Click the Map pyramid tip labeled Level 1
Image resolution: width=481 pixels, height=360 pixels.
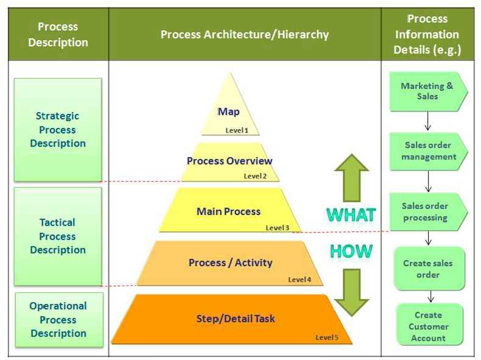230,112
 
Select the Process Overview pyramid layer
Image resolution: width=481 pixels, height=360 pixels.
230,162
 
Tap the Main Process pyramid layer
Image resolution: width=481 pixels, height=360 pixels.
229,212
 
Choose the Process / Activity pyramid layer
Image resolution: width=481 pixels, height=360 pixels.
230,263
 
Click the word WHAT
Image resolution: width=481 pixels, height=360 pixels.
351,215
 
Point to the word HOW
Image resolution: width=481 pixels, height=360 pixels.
351,250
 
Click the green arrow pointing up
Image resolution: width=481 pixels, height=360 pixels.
351,177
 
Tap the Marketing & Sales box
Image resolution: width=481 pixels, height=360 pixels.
427,91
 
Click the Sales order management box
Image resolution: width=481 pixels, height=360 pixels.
427,151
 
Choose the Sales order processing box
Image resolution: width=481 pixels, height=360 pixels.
427,212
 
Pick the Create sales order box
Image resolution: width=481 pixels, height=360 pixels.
428,269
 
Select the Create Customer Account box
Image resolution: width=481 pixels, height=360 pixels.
429,326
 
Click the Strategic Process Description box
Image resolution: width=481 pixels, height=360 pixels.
58,130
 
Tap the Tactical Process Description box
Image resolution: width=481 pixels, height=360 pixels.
58,236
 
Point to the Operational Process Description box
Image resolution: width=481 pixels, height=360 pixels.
58,320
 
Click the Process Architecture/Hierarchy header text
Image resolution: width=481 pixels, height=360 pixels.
244,35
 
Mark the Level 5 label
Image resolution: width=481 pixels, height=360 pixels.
327,337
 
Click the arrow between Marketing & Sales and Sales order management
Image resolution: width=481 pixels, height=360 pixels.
427,122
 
